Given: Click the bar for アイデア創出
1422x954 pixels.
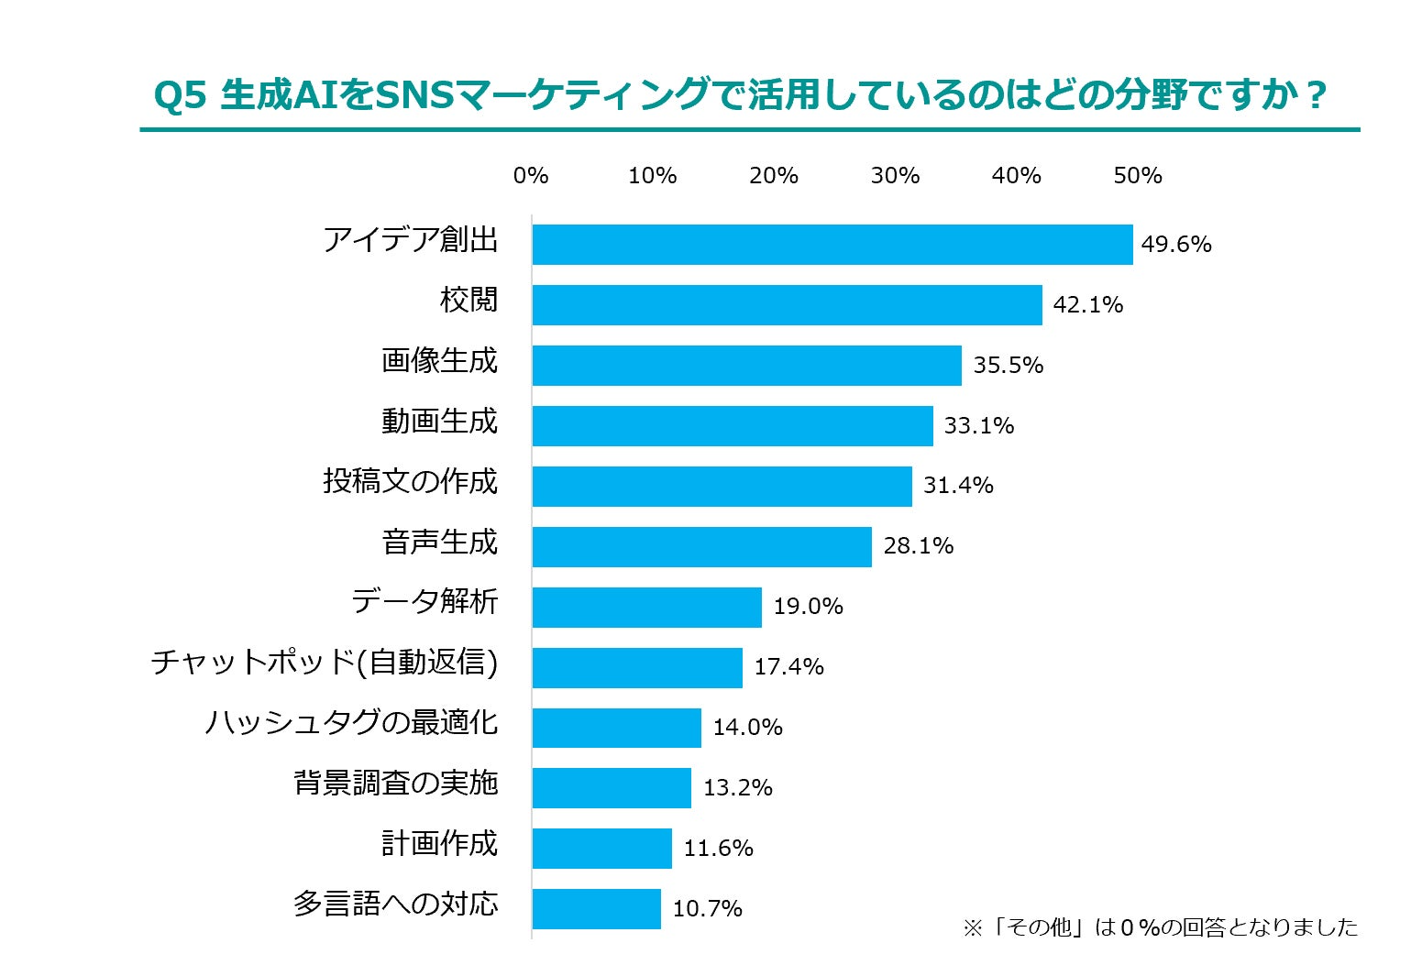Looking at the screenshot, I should click(832, 245).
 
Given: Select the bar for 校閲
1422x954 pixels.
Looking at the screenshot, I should click(787, 305).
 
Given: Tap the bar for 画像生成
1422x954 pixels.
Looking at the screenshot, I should click(746, 366).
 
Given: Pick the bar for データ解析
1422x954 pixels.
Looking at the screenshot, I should click(646, 608).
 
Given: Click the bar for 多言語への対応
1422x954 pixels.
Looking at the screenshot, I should click(596, 909).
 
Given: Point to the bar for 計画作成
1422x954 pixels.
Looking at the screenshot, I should click(601, 849).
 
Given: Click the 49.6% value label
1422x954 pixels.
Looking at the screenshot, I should click(1176, 245).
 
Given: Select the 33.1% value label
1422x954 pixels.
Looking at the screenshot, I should click(979, 426).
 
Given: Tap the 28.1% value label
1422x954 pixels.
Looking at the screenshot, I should click(918, 546).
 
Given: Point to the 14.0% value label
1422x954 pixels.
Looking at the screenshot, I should click(747, 728).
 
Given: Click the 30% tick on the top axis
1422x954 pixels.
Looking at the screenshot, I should click(895, 176).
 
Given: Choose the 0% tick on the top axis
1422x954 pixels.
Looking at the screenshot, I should click(531, 176).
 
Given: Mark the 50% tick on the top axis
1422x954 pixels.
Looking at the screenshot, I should click(1137, 176).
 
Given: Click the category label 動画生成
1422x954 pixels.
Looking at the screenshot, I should click(439, 422).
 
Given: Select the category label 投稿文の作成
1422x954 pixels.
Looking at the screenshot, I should click(410, 481).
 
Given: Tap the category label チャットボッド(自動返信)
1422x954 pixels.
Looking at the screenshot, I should click(325, 662).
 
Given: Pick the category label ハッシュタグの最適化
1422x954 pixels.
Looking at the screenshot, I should click(351, 723).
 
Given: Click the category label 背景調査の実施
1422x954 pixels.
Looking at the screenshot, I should click(395, 784).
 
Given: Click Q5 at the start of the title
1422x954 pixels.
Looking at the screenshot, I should click(180, 95).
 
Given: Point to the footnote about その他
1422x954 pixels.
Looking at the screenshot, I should click(1160, 927).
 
